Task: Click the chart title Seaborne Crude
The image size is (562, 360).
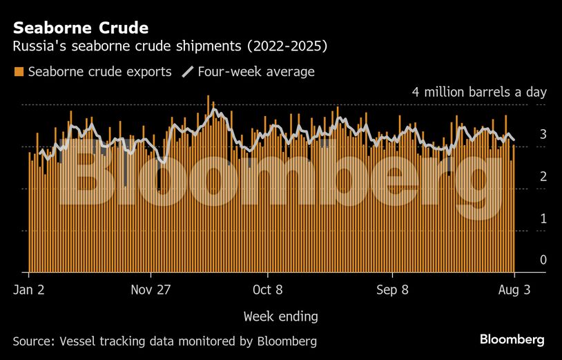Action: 80,28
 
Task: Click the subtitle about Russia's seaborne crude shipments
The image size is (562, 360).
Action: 170,47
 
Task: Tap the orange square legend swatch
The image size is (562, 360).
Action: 19,72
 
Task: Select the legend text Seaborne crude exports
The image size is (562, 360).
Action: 99,72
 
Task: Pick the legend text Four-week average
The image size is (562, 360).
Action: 255,72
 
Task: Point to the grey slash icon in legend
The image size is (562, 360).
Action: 187,72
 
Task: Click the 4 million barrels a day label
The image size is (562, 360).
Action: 478,92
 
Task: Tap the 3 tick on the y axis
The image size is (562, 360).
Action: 543,134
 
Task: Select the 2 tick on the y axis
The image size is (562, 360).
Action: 543,176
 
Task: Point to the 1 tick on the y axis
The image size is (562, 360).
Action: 543,218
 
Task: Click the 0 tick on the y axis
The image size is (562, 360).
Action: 543,260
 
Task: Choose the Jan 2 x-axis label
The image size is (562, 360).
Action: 29,290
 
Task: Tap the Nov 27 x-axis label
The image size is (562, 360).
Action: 151,290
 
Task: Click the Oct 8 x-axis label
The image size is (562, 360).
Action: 267,290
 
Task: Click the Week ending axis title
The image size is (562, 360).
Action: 280,316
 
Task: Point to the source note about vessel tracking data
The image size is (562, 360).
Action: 164,341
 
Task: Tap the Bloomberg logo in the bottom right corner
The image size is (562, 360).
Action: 512,340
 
